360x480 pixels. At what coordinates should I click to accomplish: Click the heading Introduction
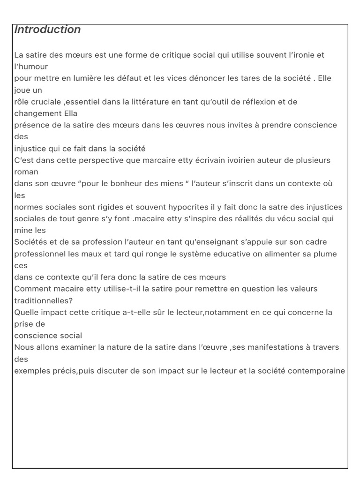47,30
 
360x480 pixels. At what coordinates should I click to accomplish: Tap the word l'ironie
301,55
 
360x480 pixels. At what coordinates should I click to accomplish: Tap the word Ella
69,113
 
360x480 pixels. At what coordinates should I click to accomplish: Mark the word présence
31,125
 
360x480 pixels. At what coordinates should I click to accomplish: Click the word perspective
94,160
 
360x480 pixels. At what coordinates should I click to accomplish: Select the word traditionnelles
45,300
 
